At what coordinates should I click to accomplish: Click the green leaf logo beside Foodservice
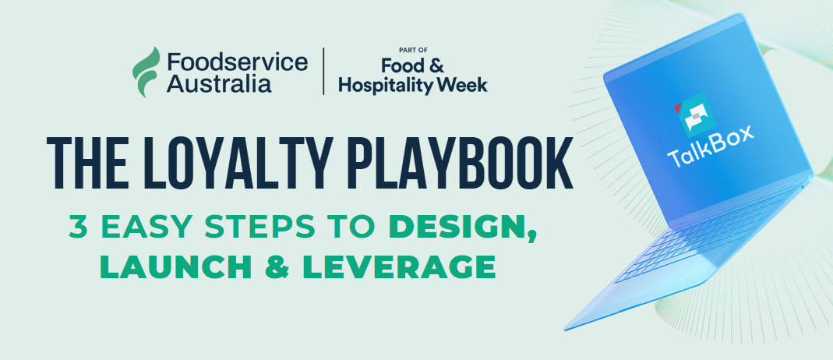click(146, 72)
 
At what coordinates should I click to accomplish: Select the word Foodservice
click(238, 62)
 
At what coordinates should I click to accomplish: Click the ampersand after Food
click(436, 66)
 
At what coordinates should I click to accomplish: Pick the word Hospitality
click(386, 86)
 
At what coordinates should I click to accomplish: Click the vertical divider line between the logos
click(323, 71)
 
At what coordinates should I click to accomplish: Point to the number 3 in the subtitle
click(78, 228)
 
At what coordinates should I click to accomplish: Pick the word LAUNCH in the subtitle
click(176, 266)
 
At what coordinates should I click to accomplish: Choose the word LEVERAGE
click(399, 266)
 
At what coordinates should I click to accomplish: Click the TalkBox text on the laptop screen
click(711, 146)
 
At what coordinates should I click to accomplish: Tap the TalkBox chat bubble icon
click(695, 114)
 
